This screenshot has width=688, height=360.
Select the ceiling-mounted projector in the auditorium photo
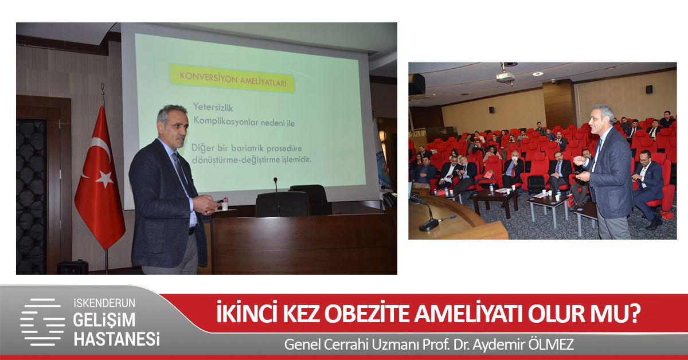506,77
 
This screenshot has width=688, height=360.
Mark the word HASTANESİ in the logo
116,338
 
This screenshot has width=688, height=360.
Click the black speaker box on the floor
73,267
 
